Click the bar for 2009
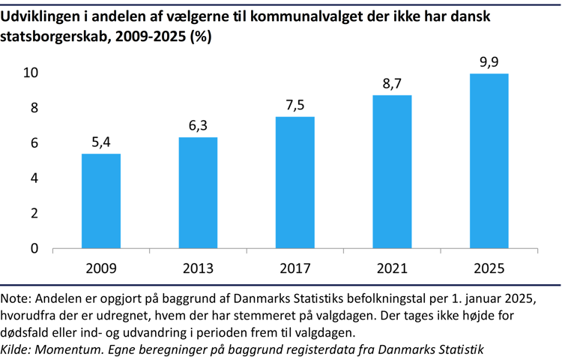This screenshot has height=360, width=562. pos(100,201)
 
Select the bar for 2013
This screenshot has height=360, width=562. pos(198,193)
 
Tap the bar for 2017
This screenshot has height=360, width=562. pos(295,182)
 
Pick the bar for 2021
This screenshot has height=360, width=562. pos(392,172)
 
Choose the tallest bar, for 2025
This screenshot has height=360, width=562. pos(489,161)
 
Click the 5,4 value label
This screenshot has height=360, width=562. pos(100,142)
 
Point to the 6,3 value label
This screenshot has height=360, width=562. pos(198,126)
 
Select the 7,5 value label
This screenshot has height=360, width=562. pos(295,105)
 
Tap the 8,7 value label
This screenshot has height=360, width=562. pos(392,84)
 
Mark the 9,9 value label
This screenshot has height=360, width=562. pos(489,61)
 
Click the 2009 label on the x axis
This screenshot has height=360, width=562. pos(100,268)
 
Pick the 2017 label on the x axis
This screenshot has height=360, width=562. pos(295,268)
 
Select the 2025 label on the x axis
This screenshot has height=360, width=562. pos(489,268)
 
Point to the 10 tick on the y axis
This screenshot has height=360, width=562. pos(31,73)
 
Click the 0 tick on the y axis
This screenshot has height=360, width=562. pos(34,248)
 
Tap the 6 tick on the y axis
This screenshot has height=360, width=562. pos(34,143)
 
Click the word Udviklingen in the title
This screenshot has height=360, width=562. pos(39,16)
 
